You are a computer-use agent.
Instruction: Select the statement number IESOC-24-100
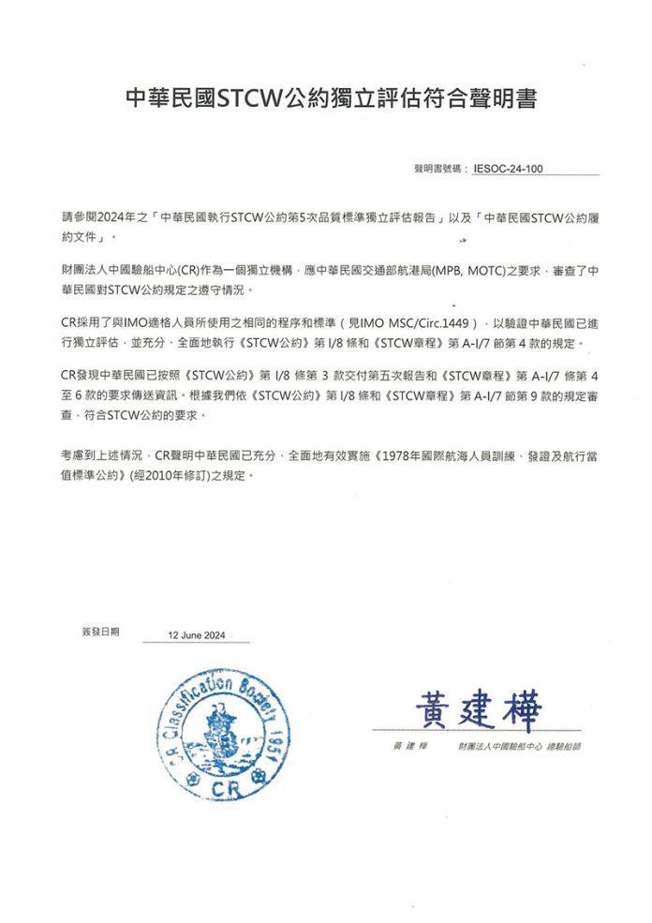(509, 170)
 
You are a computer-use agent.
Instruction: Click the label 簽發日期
(100, 632)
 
